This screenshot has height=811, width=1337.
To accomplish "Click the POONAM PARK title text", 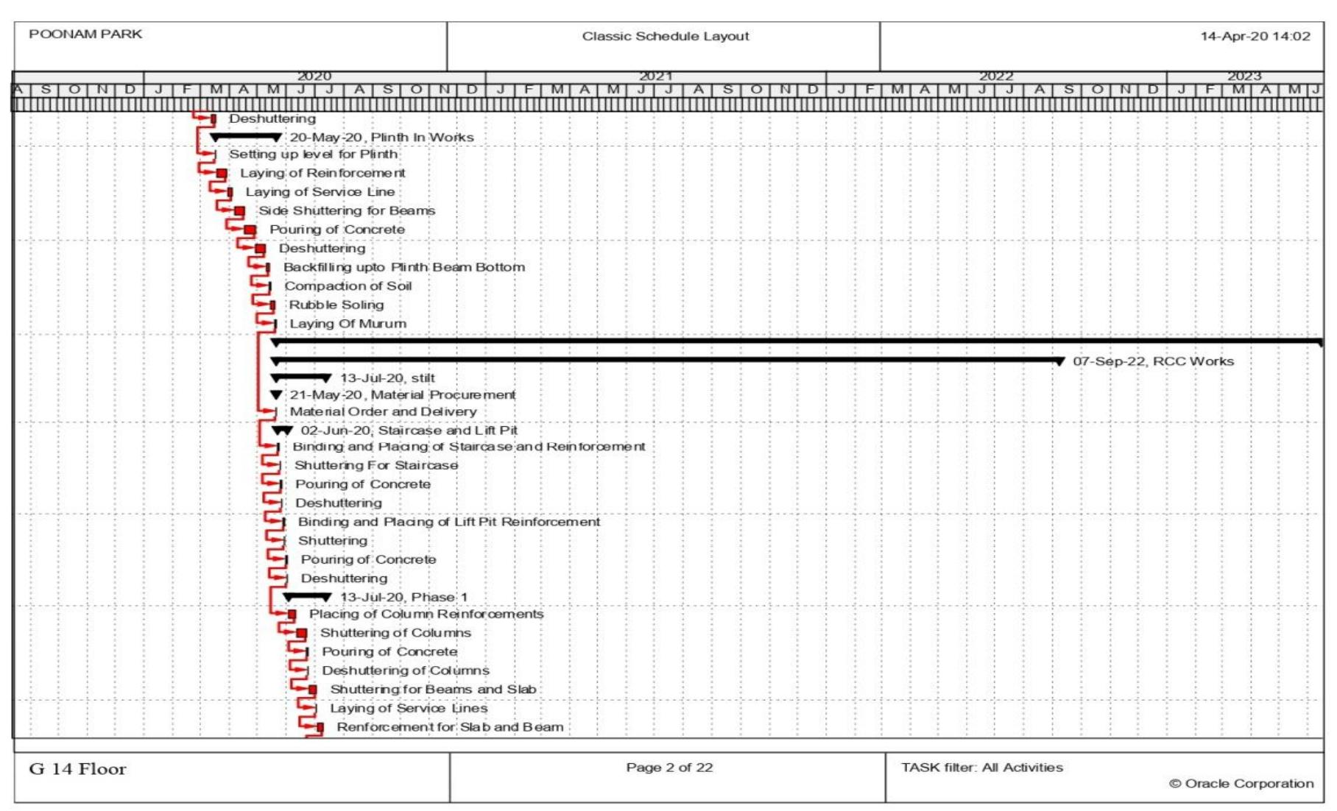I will tap(85, 35).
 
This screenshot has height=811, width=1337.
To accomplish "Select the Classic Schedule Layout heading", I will tap(665, 36).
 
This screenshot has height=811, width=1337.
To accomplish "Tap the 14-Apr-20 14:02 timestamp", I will tap(1255, 36).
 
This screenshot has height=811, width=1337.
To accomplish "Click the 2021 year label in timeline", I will tap(655, 77).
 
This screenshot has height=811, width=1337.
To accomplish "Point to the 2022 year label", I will tap(995, 77).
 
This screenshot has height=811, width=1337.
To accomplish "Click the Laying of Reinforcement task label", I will tap(322, 173).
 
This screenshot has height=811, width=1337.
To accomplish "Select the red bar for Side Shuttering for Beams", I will tap(239, 211).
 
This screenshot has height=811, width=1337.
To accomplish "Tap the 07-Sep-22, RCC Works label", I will tap(1153, 361).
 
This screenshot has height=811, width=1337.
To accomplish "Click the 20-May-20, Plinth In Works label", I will tap(381, 138).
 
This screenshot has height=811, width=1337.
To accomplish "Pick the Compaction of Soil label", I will tap(348, 286).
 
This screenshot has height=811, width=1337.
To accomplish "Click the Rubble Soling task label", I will tap(336, 305).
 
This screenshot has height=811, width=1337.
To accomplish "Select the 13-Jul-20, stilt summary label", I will tap(387, 378).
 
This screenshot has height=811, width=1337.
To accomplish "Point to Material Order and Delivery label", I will tap(383, 412).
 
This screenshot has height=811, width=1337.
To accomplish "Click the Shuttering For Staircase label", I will tap(376, 465).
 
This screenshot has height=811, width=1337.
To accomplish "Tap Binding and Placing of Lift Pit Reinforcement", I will tap(449, 522).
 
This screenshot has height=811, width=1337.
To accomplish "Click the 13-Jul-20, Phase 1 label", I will tap(403, 597).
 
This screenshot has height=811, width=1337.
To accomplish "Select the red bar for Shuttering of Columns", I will tap(301, 633).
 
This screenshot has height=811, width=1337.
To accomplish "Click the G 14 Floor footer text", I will tap(77, 769).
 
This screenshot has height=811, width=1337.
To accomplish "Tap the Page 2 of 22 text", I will tap(669, 768).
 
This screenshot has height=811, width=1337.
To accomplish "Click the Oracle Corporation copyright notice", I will tap(1241, 784).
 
